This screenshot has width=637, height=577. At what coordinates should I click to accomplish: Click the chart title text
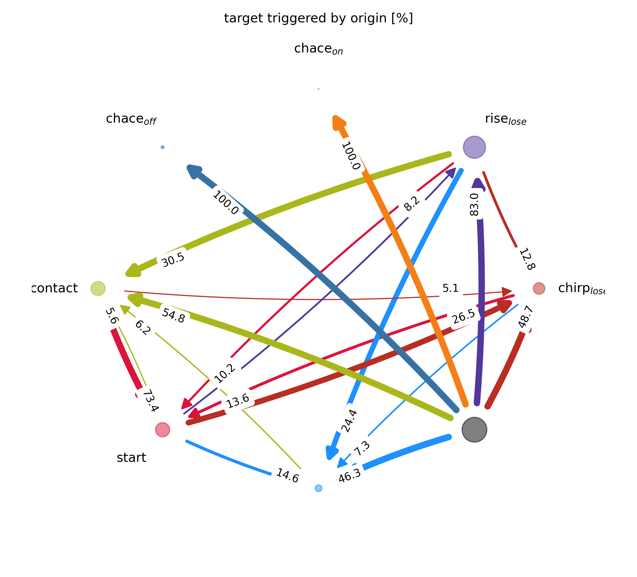[318, 18]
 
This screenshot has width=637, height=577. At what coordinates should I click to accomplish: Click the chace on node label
[318, 49]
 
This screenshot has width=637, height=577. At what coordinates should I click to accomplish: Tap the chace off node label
[131, 119]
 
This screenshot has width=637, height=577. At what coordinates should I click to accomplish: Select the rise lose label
[505, 119]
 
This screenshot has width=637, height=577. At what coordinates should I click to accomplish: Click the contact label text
[55, 288]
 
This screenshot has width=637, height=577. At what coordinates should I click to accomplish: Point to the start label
[131, 458]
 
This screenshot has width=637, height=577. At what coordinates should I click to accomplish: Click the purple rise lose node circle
[474, 147]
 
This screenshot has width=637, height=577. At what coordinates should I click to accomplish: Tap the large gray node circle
[474, 430]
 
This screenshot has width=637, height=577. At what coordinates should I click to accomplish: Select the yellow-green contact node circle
[98, 288]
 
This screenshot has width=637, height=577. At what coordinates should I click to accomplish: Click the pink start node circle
[162, 430]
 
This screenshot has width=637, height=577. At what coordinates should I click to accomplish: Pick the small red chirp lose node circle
[539, 288]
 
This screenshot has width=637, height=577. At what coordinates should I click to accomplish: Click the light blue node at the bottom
[318, 488]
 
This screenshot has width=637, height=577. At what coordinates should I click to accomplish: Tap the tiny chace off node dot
[162, 147]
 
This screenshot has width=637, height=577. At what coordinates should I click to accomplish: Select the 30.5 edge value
[173, 260]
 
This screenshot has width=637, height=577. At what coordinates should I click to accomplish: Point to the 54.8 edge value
[173, 315]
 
